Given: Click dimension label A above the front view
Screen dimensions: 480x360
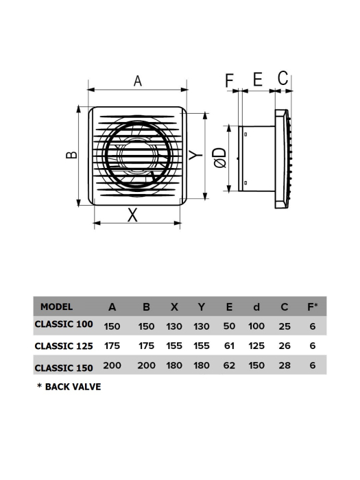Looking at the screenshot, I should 137,80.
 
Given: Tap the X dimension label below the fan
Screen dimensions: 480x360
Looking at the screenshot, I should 133,215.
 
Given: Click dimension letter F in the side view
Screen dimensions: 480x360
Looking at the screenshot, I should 230,80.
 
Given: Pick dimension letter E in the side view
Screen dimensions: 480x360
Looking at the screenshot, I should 257,80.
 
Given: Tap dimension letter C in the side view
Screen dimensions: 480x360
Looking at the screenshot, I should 283,79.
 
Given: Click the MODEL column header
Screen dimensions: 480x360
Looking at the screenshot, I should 56,307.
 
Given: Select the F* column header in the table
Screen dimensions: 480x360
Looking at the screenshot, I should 312,307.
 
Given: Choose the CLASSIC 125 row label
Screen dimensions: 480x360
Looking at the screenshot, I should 64,346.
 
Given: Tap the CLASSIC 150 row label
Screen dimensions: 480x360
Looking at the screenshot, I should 64,367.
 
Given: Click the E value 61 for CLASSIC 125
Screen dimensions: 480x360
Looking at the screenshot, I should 228,346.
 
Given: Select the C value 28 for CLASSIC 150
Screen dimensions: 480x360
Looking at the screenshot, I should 285,365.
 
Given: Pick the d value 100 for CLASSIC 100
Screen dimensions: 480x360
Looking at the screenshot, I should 256,326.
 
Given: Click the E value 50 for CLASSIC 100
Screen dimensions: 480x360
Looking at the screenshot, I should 228,326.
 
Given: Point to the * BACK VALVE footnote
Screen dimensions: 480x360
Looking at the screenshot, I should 69,387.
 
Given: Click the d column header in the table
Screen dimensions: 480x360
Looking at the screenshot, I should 256,307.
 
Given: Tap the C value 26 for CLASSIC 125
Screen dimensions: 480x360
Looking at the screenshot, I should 285,346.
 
